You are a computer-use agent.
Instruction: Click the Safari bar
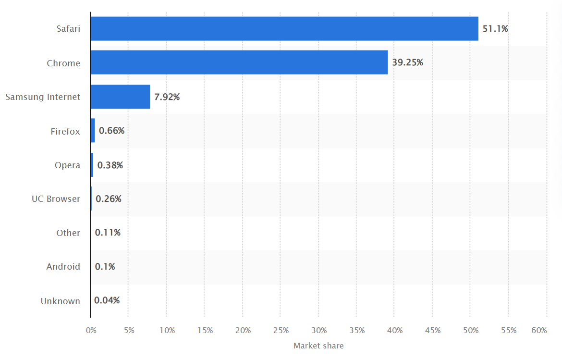[x=284, y=29]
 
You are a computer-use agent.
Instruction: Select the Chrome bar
[x=239, y=62]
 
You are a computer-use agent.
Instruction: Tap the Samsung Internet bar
[x=120, y=97]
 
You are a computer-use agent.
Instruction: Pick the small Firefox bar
[x=93, y=131]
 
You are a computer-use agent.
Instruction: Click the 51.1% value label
[x=495, y=29]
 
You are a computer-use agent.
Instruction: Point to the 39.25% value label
[x=407, y=62]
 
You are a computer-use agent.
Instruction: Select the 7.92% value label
[x=167, y=97]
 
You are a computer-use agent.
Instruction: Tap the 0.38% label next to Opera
[x=110, y=165]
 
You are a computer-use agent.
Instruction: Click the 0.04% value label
[x=107, y=300]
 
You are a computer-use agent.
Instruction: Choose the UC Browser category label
[x=56, y=199]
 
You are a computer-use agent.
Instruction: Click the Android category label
[x=63, y=267]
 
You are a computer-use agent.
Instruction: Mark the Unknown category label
[x=60, y=301]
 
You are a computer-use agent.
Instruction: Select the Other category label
[x=68, y=233]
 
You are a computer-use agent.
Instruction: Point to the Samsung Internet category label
[x=43, y=97]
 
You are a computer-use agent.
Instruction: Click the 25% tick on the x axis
[x=281, y=330]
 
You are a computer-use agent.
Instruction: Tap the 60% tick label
[x=539, y=330]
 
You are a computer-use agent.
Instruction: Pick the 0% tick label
[x=91, y=330]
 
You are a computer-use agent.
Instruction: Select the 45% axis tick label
[x=433, y=330]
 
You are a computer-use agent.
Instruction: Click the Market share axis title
[x=318, y=346]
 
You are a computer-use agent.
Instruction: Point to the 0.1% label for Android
[x=104, y=267]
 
